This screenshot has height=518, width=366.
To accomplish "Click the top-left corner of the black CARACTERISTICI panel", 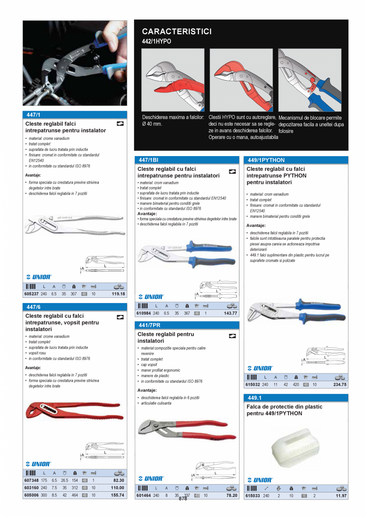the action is [134, 20].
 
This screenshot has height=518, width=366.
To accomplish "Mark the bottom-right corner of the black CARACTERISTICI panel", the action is [348, 151].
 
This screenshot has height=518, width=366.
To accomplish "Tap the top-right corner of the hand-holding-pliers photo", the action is [127, 21].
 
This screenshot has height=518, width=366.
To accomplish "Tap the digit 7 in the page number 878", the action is [183, 498].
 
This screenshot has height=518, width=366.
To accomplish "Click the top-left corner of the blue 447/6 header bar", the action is [23, 303].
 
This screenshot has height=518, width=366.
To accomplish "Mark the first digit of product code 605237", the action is [25, 294].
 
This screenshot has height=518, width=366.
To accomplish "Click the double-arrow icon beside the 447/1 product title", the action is [120, 124].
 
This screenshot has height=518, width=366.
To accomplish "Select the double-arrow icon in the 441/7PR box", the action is [232, 336].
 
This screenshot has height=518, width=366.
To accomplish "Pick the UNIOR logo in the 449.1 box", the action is [260, 480].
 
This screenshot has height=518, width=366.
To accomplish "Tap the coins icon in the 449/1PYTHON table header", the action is [340, 377].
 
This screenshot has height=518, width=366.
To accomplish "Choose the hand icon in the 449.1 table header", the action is [278, 488].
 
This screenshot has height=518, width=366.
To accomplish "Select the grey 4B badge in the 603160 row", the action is [85, 488].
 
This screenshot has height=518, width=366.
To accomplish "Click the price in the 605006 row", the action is [117, 495].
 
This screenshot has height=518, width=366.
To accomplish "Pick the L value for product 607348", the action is [44, 480].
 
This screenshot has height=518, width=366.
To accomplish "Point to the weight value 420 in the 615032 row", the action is [296, 385].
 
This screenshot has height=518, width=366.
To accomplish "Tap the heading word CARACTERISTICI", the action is [177, 31].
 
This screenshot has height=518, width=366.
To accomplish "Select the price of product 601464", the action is [232, 495].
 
